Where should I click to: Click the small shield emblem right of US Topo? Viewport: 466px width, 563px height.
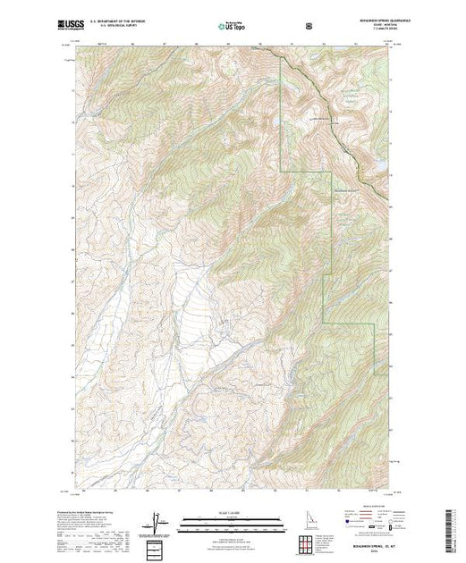click(309, 27)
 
